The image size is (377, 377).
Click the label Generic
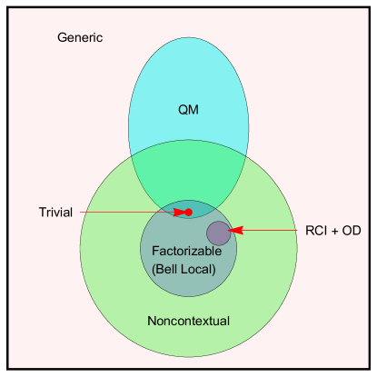pyautogui.click(x=80, y=38)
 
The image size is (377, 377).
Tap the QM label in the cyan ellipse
pyautogui.click(x=188, y=110)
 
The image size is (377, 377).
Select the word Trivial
pyautogui.click(x=55, y=213)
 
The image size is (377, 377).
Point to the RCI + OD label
pyautogui.click(x=333, y=232)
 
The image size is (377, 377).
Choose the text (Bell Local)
pyautogui.click(x=184, y=269)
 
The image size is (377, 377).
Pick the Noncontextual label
pyautogui.click(x=188, y=321)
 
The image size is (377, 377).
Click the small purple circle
pyautogui.click(x=218, y=233)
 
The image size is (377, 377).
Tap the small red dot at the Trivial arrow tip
pyautogui.click(x=188, y=212)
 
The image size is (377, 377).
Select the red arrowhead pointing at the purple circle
pyautogui.click(x=236, y=231)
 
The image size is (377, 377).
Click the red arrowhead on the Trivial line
pyautogui.click(x=180, y=212)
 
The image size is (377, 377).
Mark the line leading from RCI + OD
pyautogui.click(x=273, y=231)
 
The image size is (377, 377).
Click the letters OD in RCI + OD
pyautogui.click(x=352, y=232)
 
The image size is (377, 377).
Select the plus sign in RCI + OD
pyautogui.click(x=335, y=232)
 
